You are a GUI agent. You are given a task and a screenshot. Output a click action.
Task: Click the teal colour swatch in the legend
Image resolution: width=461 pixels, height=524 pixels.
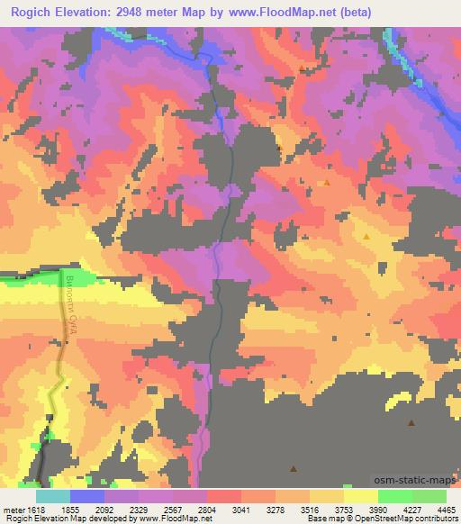(x=53, y=496)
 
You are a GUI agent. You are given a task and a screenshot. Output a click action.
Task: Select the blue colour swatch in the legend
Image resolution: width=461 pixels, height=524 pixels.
(x=87, y=496)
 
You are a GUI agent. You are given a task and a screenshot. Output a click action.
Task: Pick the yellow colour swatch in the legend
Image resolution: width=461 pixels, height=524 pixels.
(x=360, y=496)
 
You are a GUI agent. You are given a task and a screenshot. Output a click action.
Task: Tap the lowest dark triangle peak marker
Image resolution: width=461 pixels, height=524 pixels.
(x=294, y=467)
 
